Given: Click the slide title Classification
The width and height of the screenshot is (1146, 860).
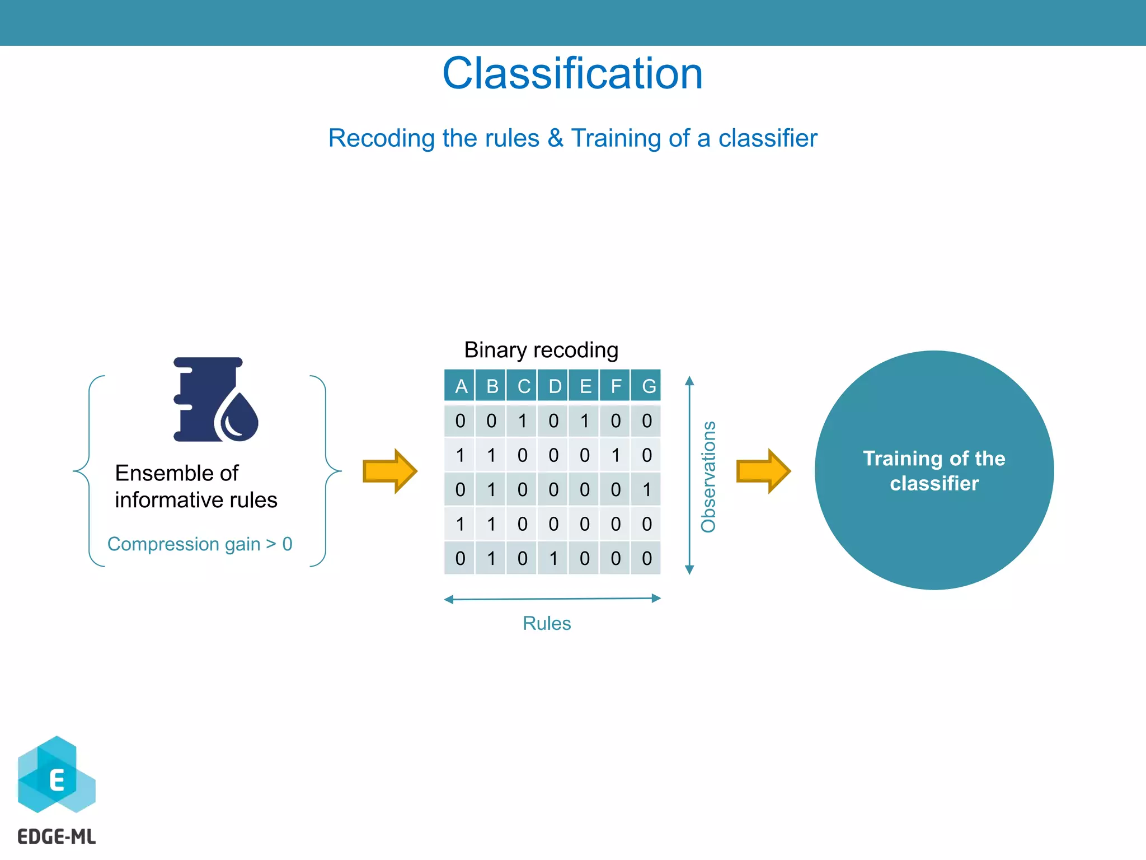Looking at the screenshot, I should (x=572, y=73).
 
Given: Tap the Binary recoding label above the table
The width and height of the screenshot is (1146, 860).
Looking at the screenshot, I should (x=541, y=350).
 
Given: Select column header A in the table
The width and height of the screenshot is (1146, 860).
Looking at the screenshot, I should (x=461, y=386).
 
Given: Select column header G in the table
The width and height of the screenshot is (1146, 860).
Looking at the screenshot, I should (x=648, y=386).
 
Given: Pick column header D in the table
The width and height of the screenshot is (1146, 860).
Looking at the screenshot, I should (x=554, y=386).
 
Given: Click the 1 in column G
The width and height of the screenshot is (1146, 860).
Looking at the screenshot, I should (x=647, y=490).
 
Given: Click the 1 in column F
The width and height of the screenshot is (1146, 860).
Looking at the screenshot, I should (x=616, y=455).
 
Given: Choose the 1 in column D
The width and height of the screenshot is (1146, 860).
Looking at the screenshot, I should (x=553, y=558).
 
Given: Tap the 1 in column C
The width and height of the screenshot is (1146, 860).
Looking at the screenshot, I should (x=522, y=421).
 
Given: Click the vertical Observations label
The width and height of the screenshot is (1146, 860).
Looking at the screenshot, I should (x=708, y=476).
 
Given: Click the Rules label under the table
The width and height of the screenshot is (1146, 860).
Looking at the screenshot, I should (x=546, y=623).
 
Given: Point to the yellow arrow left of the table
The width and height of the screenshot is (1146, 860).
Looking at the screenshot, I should (x=390, y=471).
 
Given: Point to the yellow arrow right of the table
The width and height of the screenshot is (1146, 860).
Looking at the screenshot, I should (x=763, y=471).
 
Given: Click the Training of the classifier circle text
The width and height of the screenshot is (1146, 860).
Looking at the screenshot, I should (x=934, y=471).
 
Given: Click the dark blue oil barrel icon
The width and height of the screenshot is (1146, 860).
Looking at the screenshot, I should (x=214, y=400).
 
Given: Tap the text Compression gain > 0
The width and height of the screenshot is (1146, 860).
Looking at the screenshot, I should (x=200, y=544).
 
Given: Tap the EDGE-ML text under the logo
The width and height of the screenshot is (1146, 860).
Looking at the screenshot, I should (x=57, y=836).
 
